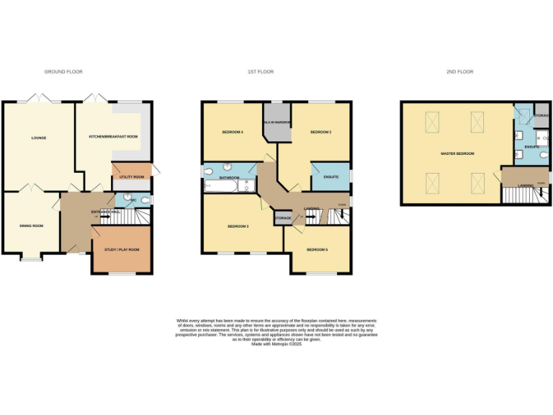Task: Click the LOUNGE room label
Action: tap(38, 137)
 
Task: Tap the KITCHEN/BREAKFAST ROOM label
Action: tap(113, 137)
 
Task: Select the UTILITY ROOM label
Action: tap(132, 177)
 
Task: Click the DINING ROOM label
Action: tap(31, 226)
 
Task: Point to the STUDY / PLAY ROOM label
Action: tap(122, 249)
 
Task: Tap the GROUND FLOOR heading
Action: tap(63, 72)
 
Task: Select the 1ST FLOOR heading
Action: tap(261, 72)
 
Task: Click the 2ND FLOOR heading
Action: tap(460, 72)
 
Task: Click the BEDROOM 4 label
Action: tap(233, 133)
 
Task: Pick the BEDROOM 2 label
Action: tap(320, 133)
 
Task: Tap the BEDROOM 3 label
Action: tap(238, 227)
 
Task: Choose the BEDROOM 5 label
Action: tap(317, 249)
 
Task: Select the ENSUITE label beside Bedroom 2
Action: tap(331, 176)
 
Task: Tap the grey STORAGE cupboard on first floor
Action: tap(282, 217)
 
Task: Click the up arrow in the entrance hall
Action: tap(96, 215)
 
